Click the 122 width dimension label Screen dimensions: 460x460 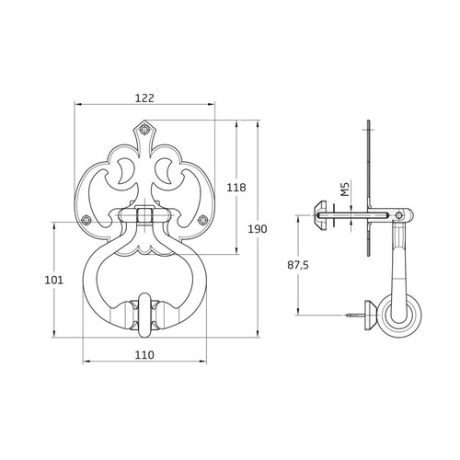pyautogui.click(x=144, y=98)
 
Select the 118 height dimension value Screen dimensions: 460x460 pyautogui.click(x=236, y=188)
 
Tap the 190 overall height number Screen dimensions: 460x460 pyautogui.click(x=258, y=229)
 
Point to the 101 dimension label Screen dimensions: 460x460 pyautogui.click(x=54, y=280)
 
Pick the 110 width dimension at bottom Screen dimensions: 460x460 pyautogui.click(x=144, y=355)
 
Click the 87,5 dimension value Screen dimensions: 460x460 pyautogui.click(x=298, y=265)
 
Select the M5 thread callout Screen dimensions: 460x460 pyautogui.click(x=345, y=189)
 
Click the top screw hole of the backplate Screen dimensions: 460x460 pyautogui.click(x=144, y=129)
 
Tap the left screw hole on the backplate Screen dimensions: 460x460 pyautogui.click(x=86, y=220)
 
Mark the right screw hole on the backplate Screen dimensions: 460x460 pyautogui.click(x=202, y=220)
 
